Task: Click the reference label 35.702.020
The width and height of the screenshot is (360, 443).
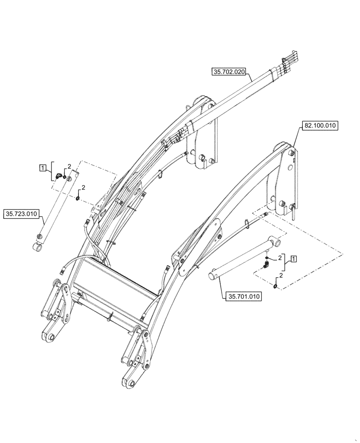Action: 229,72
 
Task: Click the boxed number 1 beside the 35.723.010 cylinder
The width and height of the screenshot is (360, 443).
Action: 42,167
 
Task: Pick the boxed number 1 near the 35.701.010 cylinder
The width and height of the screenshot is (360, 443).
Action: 293,258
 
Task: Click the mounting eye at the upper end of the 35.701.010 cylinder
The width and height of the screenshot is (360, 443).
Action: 276,242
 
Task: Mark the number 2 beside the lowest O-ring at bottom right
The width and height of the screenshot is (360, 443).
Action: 281,275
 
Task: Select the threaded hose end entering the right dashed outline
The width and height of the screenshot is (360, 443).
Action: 265,215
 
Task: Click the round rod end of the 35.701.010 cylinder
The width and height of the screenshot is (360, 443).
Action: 212,276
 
